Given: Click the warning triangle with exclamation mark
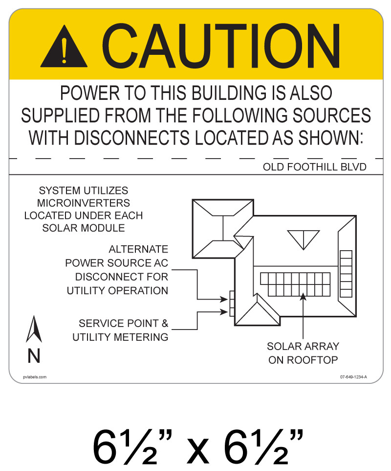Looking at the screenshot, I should pos(64,48).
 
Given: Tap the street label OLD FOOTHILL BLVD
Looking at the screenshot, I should pos(315,167).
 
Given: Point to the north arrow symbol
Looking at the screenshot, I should pos(34,329).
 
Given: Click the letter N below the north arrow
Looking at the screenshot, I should pos(34,356).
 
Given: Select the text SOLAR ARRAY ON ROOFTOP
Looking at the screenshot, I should pos(303,353).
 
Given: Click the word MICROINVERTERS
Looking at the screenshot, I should pos(84,203).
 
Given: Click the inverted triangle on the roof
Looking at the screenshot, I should pos(303,238).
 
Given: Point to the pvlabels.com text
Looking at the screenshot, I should pos(35,377).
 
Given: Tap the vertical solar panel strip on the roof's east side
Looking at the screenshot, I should pos(346,271).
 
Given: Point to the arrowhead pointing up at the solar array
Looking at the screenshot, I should pos(304,296).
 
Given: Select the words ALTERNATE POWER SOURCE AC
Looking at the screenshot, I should pos(117,256).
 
